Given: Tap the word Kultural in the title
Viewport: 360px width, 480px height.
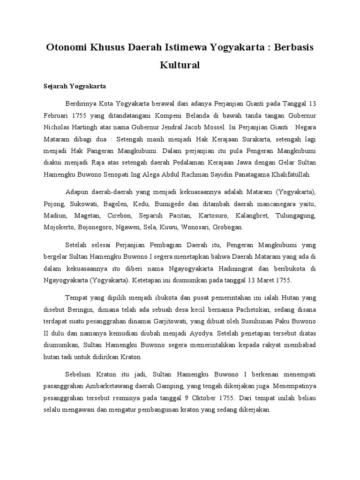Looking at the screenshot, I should (x=180, y=65).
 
